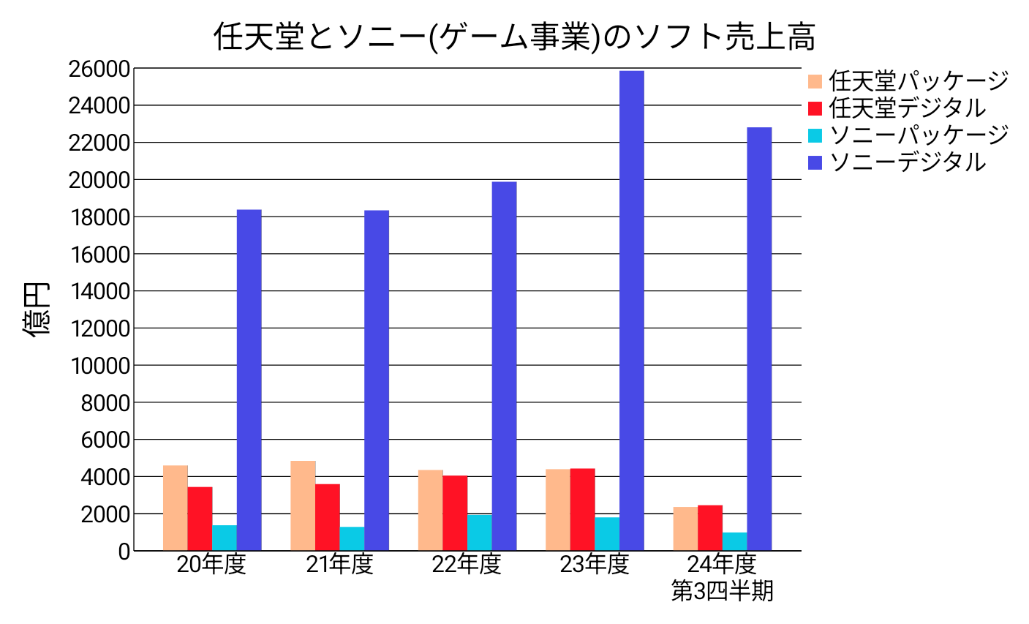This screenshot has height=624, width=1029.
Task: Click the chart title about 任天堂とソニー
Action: point(514,37)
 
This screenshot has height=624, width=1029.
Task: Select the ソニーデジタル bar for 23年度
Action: point(631,311)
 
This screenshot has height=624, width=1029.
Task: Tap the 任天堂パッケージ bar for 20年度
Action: point(176,508)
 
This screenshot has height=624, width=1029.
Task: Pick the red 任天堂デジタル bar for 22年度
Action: point(455,513)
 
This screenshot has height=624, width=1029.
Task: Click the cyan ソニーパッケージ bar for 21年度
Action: point(352,538)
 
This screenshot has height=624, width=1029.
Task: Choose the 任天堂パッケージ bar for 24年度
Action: point(685,528)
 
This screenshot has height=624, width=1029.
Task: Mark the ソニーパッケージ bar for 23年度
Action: point(607,534)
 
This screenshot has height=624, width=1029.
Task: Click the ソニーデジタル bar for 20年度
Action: point(249,380)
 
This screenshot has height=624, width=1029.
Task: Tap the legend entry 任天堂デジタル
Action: point(907,108)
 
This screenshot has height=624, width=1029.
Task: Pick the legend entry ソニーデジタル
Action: point(907,162)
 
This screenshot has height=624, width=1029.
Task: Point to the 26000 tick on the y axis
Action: point(99,69)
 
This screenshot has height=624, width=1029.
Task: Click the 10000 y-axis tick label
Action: point(99,366)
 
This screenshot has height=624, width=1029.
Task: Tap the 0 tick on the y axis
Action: point(124,552)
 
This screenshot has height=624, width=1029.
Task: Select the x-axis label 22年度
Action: point(467,565)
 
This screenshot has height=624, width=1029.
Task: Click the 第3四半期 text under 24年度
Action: point(722,591)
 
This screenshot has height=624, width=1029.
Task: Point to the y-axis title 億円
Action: point(37,309)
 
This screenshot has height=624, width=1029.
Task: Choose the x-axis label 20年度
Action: point(211,565)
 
